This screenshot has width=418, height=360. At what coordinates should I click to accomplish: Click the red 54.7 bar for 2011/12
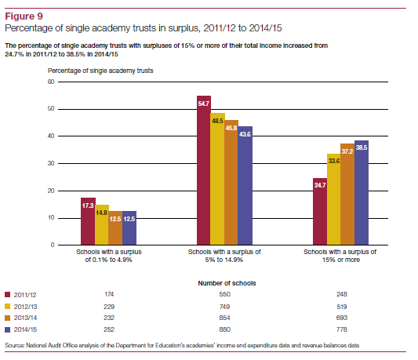(x=204, y=170)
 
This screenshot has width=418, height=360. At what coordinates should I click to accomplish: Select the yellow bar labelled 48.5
(x=217, y=179)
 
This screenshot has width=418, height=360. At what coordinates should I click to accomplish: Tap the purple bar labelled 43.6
(x=245, y=186)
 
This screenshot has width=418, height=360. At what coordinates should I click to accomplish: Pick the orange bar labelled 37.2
(x=347, y=195)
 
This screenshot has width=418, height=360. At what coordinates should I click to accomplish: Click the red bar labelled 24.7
(x=320, y=212)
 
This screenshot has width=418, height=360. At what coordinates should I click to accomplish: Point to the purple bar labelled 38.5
(x=362, y=192)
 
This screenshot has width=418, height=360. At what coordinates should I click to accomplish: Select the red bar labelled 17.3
(x=89, y=221)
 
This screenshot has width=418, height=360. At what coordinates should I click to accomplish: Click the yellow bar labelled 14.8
(x=102, y=225)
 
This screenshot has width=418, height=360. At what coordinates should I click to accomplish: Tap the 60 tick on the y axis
(x=51, y=82)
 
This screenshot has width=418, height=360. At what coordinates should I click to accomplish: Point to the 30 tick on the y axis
(x=51, y=163)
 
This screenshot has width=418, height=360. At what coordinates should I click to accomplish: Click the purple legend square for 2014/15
(x=8, y=329)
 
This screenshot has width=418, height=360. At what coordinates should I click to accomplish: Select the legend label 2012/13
(x=26, y=307)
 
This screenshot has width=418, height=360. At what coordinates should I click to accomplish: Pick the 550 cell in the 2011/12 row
(x=225, y=294)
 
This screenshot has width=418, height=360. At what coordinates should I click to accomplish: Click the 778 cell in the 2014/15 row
(x=342, y=329)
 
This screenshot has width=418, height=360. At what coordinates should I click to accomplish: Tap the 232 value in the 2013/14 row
(x=109, y=318)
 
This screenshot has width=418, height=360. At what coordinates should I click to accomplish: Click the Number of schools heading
(x=227, y=283)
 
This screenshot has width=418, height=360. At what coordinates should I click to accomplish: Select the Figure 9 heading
(x=24, y=16)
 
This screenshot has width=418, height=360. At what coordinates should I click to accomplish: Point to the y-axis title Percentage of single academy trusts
(x=100, y=71)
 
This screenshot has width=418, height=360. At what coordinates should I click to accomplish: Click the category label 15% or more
(x=341, y=260)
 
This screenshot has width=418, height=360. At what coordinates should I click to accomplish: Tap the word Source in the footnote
(x=14, y=345)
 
